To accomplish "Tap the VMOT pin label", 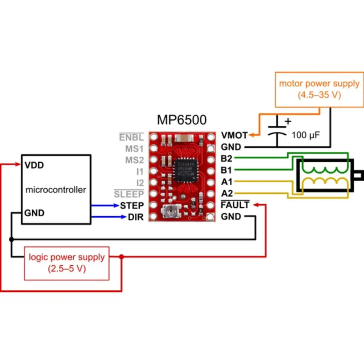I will [234, 135].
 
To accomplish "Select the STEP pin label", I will [132, 205].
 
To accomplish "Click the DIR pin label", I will [136, 217].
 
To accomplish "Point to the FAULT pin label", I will [235, 205].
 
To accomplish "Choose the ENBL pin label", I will [131, 138].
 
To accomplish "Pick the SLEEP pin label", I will [129, 194].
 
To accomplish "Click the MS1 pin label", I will [134, 149].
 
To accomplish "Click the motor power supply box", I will [319, 88].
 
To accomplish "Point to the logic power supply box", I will [67, 263].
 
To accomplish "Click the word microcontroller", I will [56, 190].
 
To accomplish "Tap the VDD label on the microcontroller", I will [34, 166].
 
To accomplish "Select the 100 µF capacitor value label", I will [305, 136].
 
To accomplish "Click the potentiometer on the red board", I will [169, 210].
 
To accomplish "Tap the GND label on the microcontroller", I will [34, 213].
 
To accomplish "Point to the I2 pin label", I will [140, 182].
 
